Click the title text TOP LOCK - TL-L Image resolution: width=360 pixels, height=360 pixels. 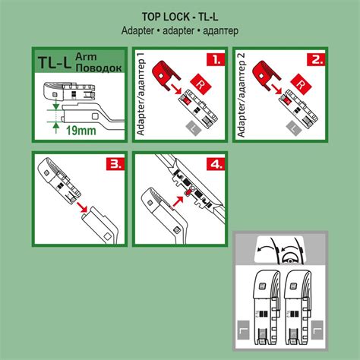tap(180, 17)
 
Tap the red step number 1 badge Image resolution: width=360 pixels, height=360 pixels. tap(216, 59)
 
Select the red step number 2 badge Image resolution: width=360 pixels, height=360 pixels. tap(316, 59)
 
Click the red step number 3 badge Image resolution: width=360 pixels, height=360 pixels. tap(115, 164)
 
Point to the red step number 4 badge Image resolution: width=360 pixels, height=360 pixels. tap(216, 164)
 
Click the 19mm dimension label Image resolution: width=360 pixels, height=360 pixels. tap(81, 131)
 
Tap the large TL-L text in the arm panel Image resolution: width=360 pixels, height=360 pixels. tap(54, 62)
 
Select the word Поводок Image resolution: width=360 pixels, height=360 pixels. tap(99, 68)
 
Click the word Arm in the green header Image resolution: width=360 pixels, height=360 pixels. tap(86, 56)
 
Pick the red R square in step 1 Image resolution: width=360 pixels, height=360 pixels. tap(201, 84)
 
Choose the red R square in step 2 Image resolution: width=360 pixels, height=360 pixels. tap(301, 84)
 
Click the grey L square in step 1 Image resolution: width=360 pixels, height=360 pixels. tap(194, 128)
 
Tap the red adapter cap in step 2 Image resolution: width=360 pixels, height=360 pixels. tap(267, 74)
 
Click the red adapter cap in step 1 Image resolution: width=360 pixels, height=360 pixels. tap(166, 74)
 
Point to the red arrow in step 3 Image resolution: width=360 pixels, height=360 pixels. tap(81, 206)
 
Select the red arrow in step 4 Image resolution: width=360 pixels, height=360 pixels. tap(178, 201)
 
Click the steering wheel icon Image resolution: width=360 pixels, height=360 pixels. tap(289, 260)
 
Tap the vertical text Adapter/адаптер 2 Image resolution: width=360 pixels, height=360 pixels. tap(242, 95)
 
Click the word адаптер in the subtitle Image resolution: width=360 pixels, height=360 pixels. tap(220, 31)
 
